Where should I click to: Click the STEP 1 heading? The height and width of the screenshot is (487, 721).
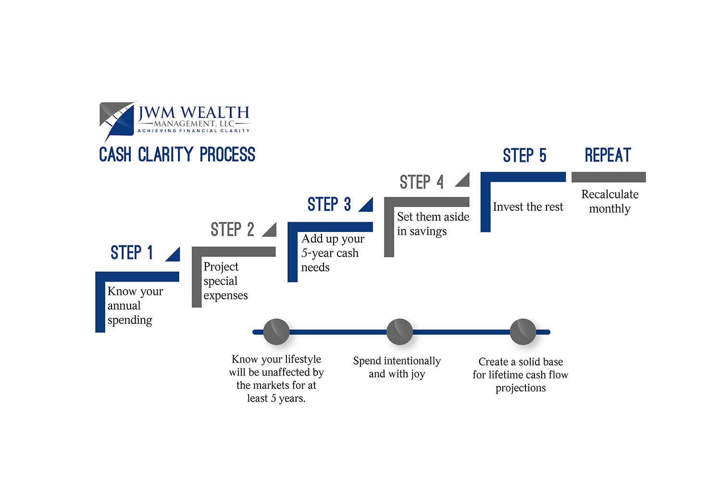pos(132,253)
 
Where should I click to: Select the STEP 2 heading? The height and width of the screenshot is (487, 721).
pos(232,230)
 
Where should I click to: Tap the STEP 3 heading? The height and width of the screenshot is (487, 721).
pos(329,205)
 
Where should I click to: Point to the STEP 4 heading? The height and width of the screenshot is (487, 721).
pos(422,183)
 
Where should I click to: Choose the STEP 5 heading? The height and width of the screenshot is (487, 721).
pos(524,156)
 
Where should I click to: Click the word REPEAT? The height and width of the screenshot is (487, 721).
pos(608,155)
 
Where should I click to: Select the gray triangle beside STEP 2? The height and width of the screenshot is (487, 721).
pos(271,231)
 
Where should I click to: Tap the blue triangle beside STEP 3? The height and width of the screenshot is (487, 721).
pos(368,206)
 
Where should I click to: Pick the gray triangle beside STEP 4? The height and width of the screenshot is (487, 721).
pos(464,181)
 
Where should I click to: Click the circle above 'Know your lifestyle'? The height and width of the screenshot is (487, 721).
pos(276,332)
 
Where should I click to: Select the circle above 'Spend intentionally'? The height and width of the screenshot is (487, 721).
pos(399,332)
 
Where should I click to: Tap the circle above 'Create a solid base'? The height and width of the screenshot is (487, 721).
pos(523,332)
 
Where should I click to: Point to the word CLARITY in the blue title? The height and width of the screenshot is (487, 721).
pos(165,155)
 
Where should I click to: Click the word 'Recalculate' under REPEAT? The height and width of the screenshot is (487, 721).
pos(610,195)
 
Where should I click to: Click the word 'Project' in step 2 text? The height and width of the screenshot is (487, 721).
pos(221,267)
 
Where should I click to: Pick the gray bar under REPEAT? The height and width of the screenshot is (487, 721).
pos(609,177)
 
